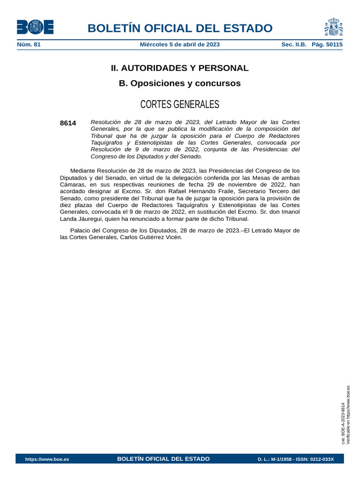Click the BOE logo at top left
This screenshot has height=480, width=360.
(35, 27)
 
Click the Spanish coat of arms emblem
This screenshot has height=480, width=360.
(333, 27)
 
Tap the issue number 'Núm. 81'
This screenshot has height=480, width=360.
(29, 45)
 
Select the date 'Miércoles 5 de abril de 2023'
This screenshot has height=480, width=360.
(180, 45)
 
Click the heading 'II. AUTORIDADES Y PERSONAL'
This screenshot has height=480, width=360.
(180, 68)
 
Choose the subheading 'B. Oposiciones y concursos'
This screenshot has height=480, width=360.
(180, 83)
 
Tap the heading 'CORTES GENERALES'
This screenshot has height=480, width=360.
(180, 104)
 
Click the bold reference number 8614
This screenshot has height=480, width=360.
(68, 123)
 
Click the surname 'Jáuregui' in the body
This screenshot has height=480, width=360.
(91, 219)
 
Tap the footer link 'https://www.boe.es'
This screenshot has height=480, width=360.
(47, 459)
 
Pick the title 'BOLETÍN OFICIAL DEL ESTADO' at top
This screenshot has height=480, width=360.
(180, 28)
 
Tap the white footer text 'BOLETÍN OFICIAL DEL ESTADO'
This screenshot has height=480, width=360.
(163, 459)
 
